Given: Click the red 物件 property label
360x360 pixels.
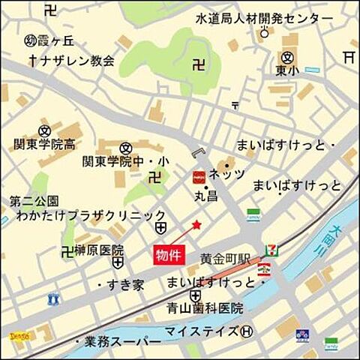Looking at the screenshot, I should (169, 254).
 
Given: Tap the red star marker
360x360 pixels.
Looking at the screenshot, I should (196, 224).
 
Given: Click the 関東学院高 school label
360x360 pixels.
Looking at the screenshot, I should (44, 142).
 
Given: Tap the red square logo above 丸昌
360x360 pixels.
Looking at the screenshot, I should (199, 177).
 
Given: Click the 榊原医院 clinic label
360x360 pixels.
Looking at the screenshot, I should (96, 249).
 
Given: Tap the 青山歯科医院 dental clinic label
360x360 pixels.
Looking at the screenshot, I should (205, 307).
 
